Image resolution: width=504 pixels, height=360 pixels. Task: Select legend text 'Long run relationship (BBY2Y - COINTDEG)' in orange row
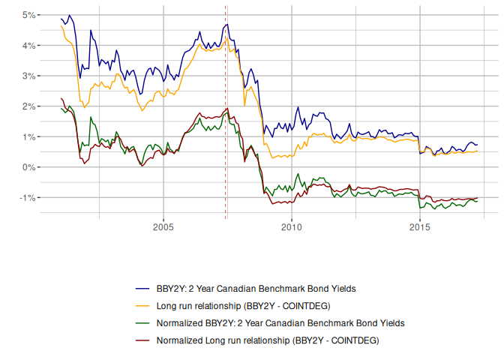coord(243,305)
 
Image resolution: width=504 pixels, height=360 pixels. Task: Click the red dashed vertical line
coord(226,112)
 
